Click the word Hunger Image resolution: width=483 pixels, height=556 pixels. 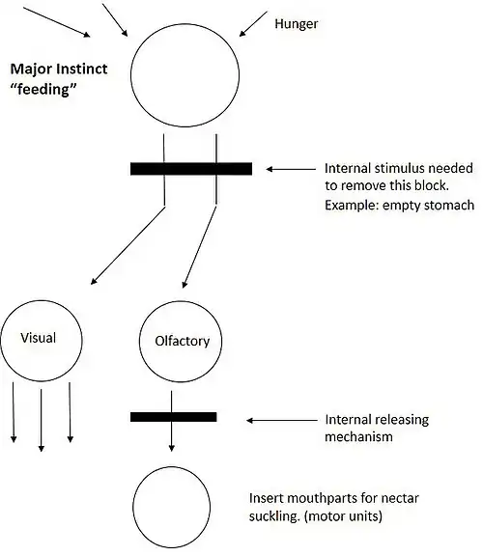(x=296, y=24)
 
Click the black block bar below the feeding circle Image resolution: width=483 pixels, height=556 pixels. (x=191, y=169)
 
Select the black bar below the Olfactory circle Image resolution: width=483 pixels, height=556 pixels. (x=174, y=417)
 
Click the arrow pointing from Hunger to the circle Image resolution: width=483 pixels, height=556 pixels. (x=253, y=24)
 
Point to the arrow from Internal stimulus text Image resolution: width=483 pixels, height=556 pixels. (x=291, y=169)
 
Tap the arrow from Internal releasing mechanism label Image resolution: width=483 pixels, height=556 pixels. (x=282, y=420)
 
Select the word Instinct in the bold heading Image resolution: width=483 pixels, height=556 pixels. (x=83, y=69)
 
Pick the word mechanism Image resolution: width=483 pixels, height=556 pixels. (x=358, y=436)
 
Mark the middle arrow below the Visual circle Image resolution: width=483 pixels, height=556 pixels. (x=42, y=420)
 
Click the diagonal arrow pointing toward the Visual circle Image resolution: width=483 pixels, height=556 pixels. (x=128, y=245)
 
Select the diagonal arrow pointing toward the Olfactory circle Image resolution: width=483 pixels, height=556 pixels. (x=199, y=247)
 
